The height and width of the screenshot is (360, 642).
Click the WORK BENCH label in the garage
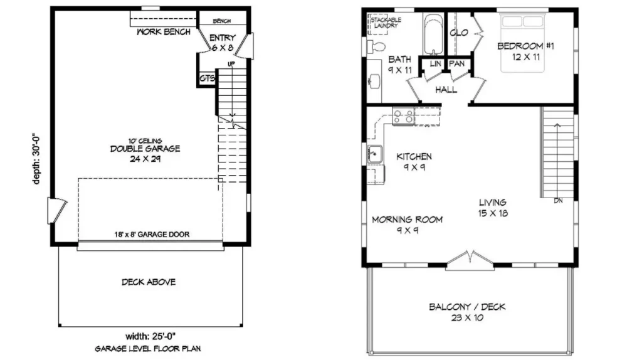164,32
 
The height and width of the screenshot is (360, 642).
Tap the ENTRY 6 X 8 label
223,43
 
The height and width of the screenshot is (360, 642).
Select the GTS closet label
207,78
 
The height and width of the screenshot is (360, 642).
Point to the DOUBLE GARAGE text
145,149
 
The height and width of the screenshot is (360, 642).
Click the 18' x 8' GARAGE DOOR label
152,235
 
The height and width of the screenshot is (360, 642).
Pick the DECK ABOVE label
149,282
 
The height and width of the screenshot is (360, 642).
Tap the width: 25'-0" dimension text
150,337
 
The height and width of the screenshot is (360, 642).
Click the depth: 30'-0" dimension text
36,159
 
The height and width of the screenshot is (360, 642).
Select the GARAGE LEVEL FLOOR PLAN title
148,349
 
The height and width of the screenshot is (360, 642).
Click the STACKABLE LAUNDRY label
386,23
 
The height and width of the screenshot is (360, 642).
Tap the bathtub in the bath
433,34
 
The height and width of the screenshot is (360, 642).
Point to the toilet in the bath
376,46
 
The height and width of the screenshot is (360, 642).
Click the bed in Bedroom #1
522,43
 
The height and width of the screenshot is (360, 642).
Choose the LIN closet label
435,64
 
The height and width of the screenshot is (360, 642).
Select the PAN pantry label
456,63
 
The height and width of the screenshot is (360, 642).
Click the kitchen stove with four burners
403,116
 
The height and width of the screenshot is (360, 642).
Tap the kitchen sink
375,154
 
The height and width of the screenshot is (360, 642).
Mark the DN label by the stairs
558,201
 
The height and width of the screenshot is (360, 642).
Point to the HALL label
446,90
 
